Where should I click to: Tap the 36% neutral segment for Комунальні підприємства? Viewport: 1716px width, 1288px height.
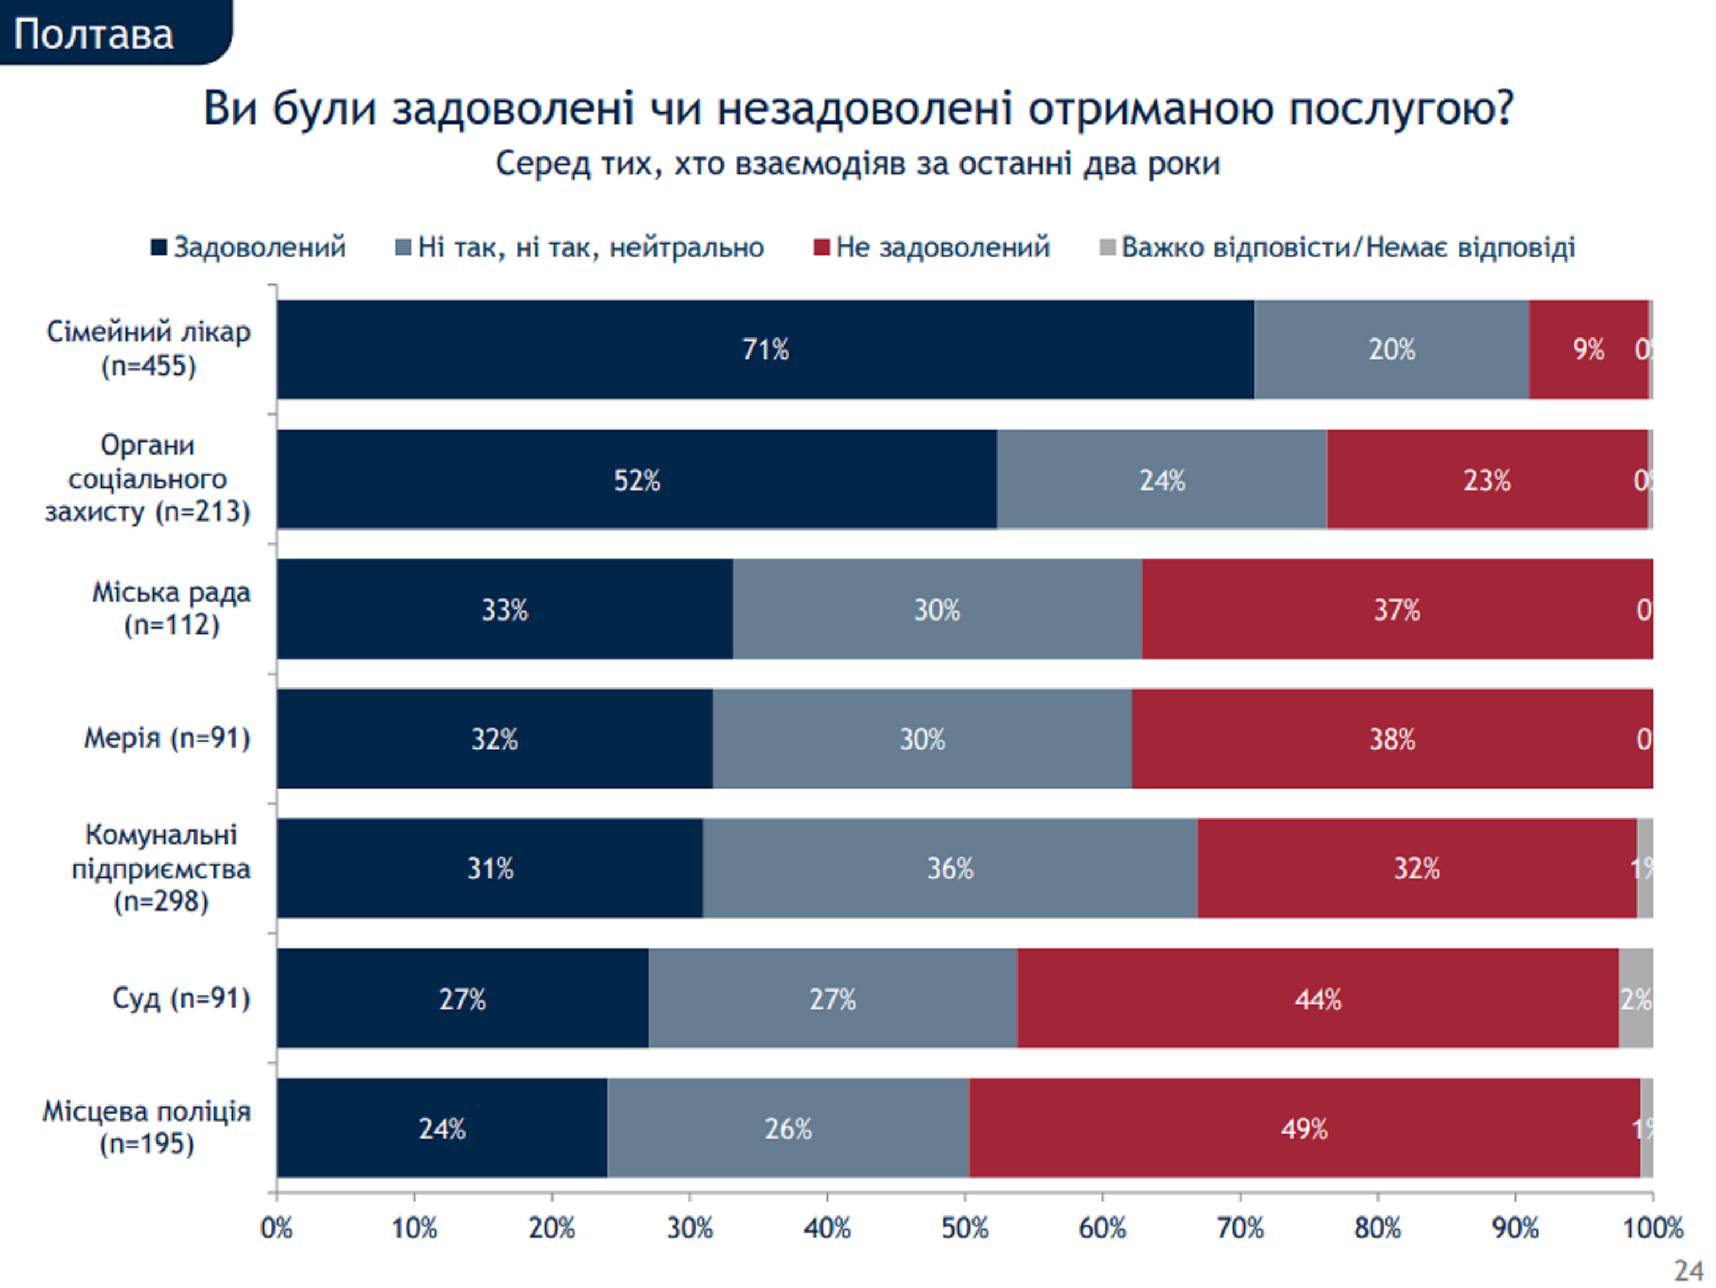pos(950,868)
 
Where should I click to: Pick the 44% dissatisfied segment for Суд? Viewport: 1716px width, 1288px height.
pos(1317,998)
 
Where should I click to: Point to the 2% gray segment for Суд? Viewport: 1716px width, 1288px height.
pos(1635,998)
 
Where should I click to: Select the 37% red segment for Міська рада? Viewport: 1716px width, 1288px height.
pos(1396,609)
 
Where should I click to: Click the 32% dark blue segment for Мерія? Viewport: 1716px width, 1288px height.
pos(494,739)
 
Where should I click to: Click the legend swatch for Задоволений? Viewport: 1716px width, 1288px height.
pos(159,248)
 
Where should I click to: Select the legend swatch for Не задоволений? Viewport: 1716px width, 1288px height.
pos(821,248)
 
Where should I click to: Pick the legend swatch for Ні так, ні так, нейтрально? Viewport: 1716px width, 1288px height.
pos(403,248)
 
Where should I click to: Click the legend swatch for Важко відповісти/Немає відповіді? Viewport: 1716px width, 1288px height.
pos(1108,248)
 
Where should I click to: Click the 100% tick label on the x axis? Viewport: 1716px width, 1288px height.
pos(1653,1229)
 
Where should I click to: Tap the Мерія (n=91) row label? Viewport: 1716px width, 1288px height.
pos(167,738)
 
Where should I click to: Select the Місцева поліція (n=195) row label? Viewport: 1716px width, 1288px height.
pos(146,1127)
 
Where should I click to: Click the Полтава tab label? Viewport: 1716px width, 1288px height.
pos(94,34)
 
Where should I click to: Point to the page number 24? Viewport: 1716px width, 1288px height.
pos(1688,1271)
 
